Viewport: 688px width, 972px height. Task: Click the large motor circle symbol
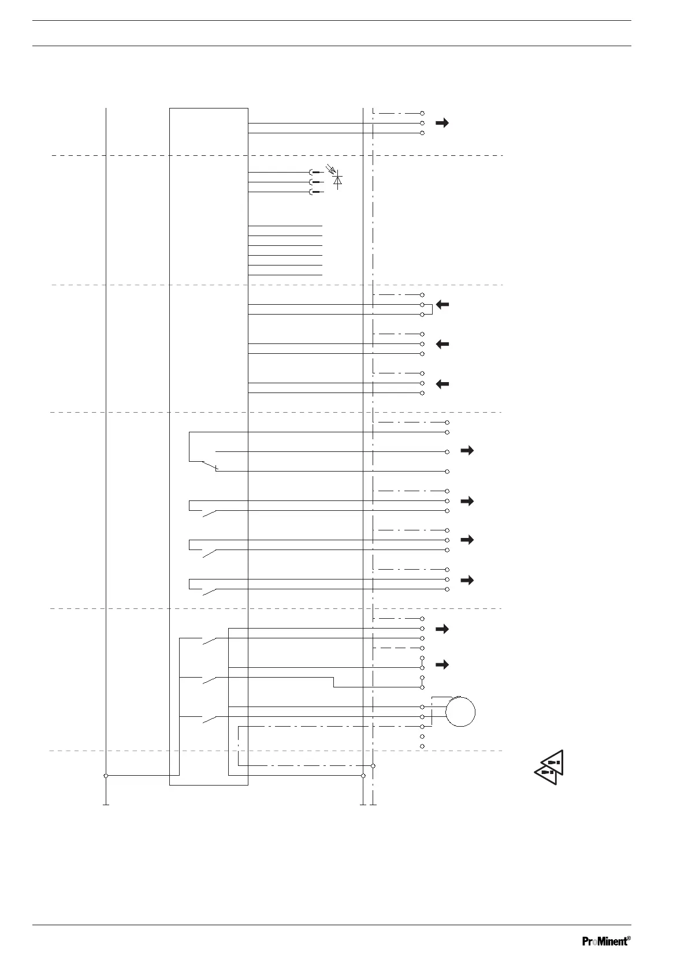[x=460, y=712]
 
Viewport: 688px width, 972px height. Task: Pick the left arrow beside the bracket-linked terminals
[x=442, y=305]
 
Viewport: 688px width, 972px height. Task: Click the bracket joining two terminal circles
[x=430, y=309]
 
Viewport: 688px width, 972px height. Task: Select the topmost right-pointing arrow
[x=442, y=123]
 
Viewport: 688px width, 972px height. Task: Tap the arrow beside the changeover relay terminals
[x=467, y=451]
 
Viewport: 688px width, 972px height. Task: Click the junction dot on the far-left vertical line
[x=106, y=776]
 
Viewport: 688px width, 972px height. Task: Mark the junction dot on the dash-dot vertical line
[x=374, y=766]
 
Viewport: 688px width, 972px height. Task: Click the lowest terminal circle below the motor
[x=422, y=746]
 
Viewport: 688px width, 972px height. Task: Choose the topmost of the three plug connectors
[x=315, y=173]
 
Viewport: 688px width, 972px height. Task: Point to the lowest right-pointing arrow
[x=442, y=665]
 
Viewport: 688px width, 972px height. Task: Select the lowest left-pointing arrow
[x=442, y=384]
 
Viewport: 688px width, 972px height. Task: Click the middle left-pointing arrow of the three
[x=442, y=344]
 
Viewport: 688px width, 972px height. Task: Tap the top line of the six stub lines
[x=285, y=226]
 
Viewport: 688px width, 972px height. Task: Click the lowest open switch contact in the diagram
[x=209, y=719]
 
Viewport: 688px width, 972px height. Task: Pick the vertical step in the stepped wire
[x=334, y=682]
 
